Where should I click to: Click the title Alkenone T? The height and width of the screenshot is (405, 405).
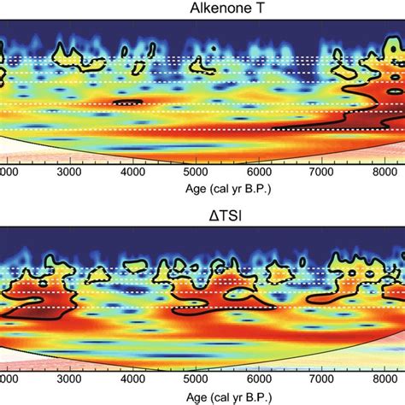click(x=202, y=9)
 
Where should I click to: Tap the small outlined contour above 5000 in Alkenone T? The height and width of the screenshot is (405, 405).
click(x=202, y=64)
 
